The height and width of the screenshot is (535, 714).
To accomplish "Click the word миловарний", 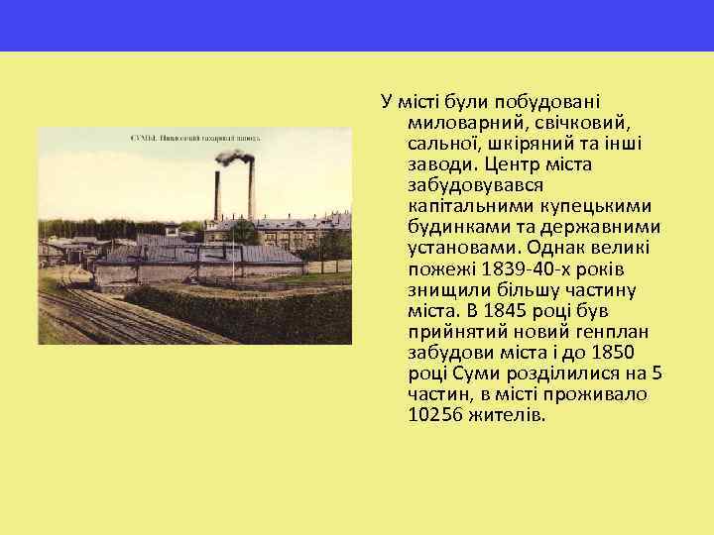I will click(458, 124).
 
